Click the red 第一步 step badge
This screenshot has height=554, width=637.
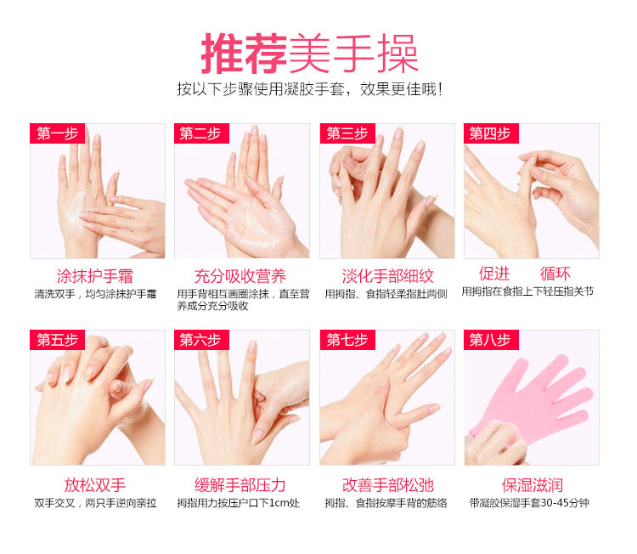point(57,133)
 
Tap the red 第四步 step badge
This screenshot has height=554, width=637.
point(491,133)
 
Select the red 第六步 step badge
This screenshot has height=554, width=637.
point(201,340)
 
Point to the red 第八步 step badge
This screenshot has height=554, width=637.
point(491,340)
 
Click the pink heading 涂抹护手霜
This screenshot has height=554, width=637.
point(95,276)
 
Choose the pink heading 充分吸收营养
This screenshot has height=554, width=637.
point(240,276)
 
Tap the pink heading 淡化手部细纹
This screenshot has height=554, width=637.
point(387,276)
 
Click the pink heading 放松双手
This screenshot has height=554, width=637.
point(95,485)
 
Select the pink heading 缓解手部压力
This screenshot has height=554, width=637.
point(240,485)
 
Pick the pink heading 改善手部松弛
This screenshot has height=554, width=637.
point(387,485)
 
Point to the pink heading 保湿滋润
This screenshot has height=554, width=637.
point(533,485)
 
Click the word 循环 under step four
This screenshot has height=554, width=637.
point(555,274)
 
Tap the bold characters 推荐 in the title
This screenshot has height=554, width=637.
point(245,54)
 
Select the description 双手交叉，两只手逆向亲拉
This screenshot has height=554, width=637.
point(95,503)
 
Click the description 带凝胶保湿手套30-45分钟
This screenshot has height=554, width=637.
point(529,503)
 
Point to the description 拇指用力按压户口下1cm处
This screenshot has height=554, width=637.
point(239,503)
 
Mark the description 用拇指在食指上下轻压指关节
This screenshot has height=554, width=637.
point(527,291)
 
